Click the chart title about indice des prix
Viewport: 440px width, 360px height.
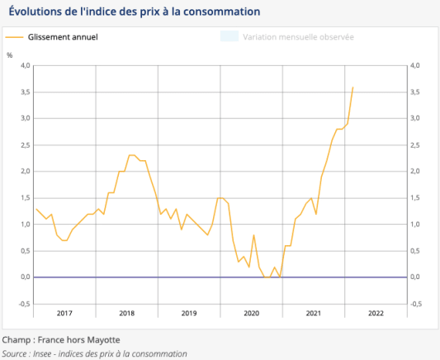(x=134, y=12)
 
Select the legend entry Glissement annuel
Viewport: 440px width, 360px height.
(x=63, y=37)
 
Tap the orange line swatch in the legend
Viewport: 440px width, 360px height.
(x=15, y=37)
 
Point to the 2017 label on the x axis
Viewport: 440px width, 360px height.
(x=64, y=313)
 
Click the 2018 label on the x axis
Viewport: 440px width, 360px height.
(x=126, y=313)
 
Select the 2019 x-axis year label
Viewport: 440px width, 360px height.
(x=189, y=313)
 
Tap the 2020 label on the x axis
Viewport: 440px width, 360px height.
(x=251, y=313)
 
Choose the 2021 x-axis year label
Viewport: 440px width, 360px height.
(x=314, y=313)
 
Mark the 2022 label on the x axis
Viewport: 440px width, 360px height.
(x=376, y=313)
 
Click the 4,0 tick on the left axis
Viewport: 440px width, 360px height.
(x=25, y=65)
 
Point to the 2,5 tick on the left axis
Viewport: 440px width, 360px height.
(x=25, y=144)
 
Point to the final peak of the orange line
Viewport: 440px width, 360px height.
(x=353, y=87)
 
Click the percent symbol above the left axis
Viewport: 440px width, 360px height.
(x=10, y=55)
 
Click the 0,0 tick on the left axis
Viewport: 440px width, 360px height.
(x=25, y=277)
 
